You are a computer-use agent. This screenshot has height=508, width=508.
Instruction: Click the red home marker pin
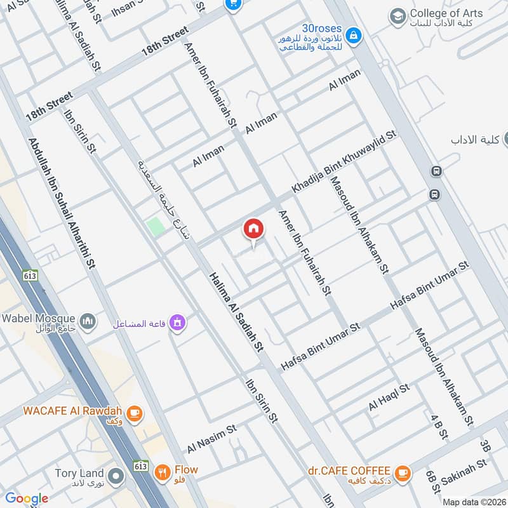click(x=253, y=229)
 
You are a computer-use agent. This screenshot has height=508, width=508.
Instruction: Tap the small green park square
click(x=155, y=227)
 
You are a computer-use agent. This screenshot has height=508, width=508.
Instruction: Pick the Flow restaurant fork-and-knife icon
click(x=163, y=472)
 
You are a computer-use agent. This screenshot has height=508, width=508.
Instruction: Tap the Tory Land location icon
click(x=116, y=476)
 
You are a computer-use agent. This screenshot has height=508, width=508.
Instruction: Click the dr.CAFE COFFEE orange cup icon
click(x=401, y=472)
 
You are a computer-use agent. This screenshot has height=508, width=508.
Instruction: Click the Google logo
click(x=27, y=498)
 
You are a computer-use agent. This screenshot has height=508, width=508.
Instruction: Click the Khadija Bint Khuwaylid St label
click(x=344, y=163)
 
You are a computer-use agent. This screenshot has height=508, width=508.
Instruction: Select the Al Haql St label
click(x=389, y=397)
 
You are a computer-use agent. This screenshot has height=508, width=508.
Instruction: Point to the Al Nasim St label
click(x=211, y=439)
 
